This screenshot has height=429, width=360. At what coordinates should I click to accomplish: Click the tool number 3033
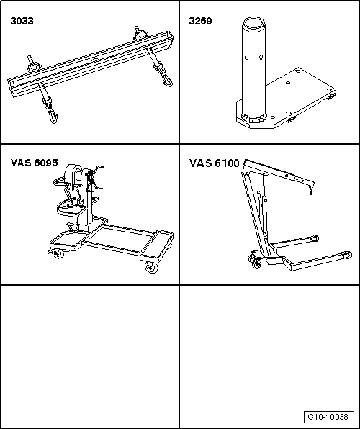coord(22,21)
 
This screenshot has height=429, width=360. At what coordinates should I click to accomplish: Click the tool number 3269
coord(200,21)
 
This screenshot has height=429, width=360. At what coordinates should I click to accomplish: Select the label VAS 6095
coord(35,163)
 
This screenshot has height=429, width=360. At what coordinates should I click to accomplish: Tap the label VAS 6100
coord(215,163)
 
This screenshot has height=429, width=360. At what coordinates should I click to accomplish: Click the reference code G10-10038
coord(328,417)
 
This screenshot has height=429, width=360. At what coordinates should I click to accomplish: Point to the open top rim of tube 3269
coord(254,23)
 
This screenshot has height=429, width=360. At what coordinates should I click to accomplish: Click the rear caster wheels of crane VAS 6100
coord(255,261)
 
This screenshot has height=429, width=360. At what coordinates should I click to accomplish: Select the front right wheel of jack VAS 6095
coord(152,267)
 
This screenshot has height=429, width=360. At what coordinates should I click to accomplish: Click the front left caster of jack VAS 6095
coord(57,253)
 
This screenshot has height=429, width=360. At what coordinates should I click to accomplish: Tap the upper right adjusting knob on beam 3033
coord(140,34)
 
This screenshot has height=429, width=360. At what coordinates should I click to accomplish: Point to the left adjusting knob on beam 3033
coord(33,66)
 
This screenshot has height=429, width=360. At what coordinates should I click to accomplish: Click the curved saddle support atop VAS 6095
coord(73,175)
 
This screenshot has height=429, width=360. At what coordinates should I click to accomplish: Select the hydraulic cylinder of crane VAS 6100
coord(263,216)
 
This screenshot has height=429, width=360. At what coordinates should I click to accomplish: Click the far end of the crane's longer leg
coord(348,255)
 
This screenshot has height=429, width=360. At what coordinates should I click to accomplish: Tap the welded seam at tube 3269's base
coord(253,118)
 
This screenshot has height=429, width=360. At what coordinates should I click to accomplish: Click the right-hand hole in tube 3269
coord(261,57)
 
